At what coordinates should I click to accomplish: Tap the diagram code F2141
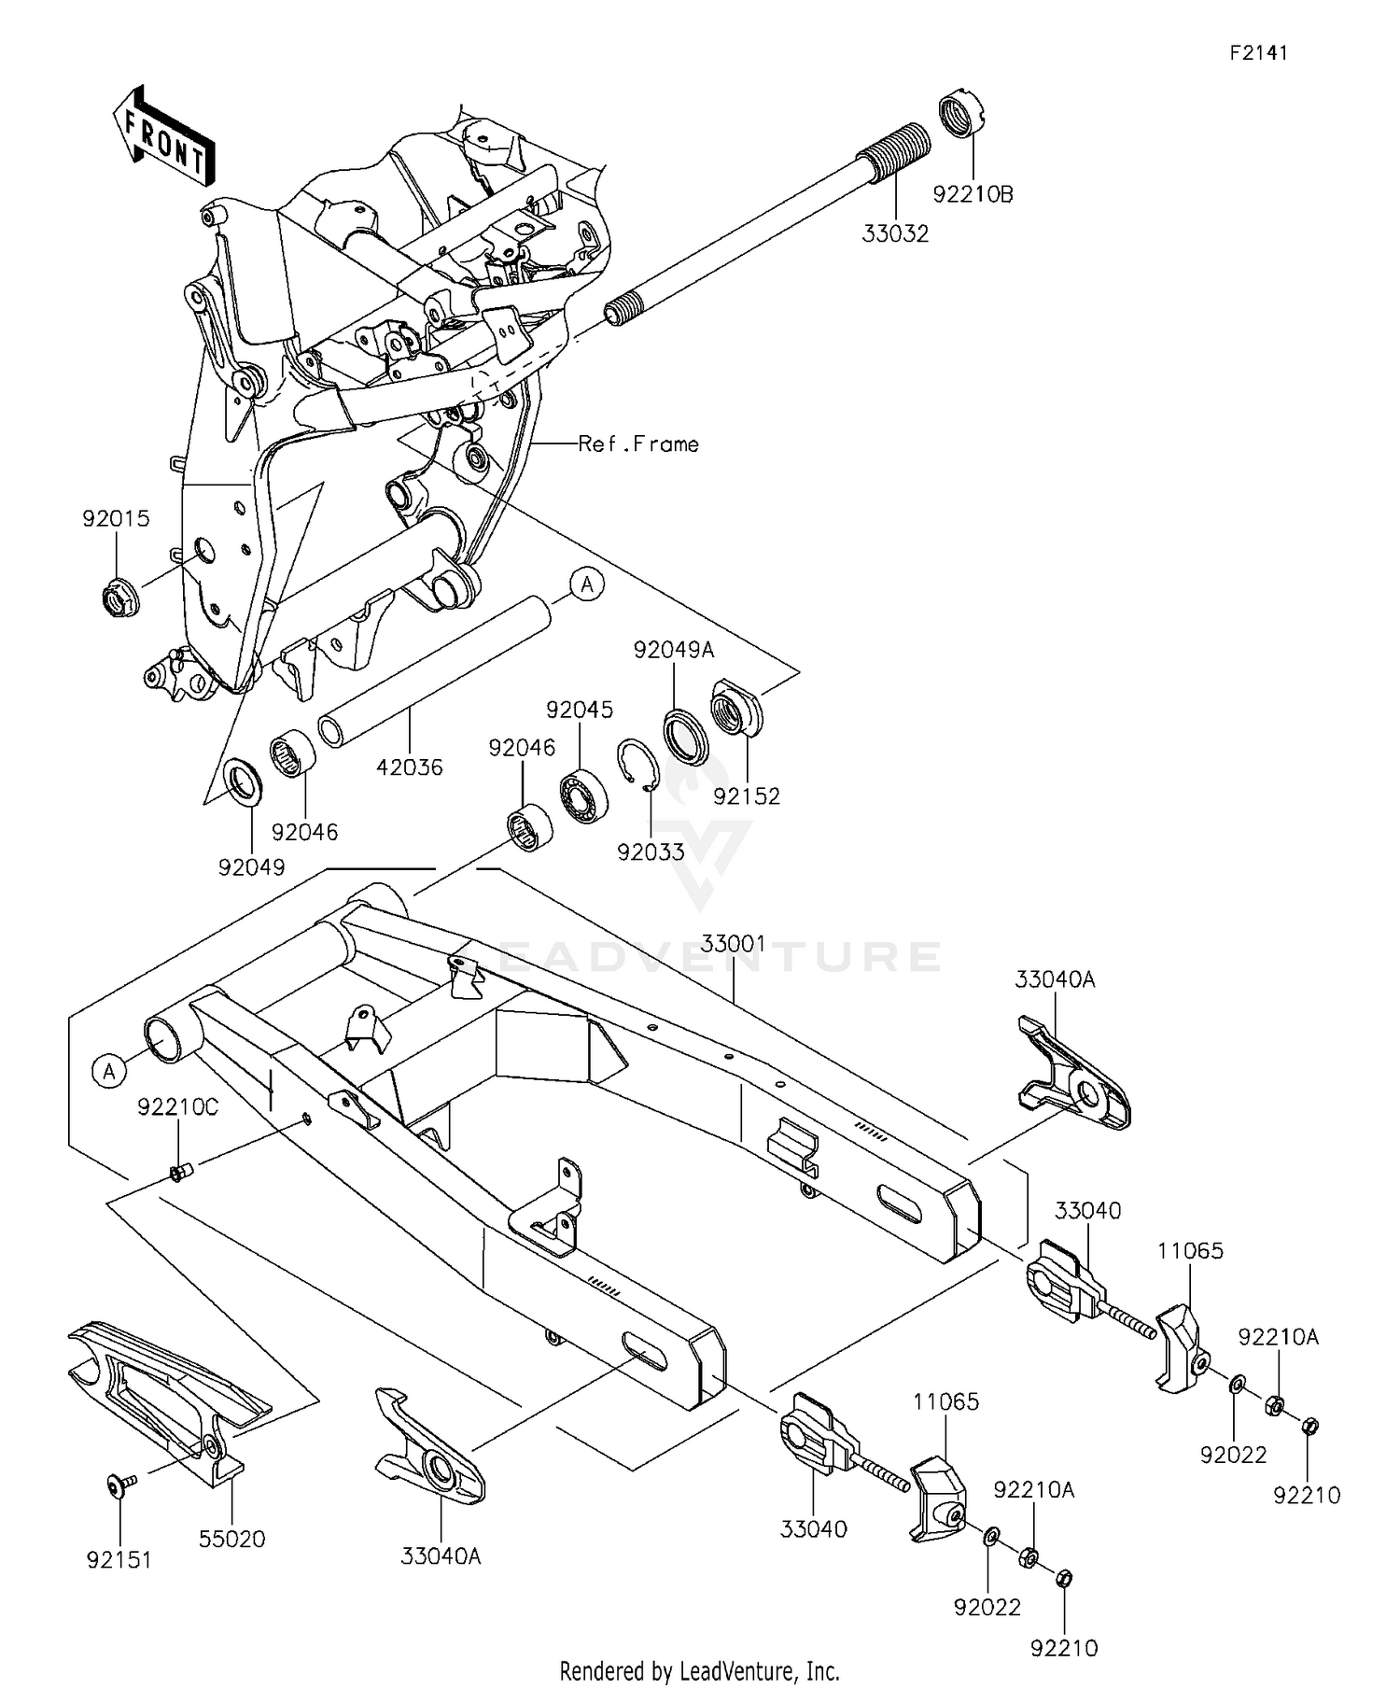1257,53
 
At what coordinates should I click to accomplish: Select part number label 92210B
973,194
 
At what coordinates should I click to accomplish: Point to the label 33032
895,234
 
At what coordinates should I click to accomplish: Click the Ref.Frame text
638,444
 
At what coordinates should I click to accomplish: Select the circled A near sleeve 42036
587,585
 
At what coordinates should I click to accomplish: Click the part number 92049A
674,650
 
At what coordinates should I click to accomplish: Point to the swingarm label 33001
733,944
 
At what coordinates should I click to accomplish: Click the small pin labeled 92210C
178,1172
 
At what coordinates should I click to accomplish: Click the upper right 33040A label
1055,979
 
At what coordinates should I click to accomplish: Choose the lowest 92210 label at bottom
1064,1648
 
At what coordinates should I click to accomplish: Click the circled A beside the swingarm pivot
109,1071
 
